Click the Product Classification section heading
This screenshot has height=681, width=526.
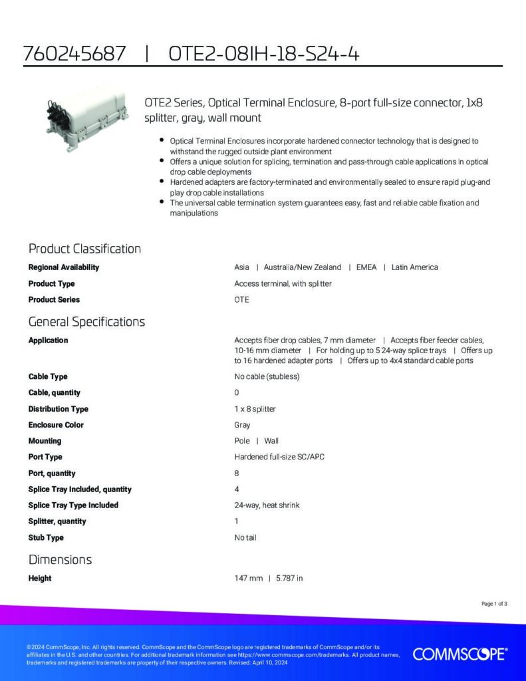[x=84, y=249]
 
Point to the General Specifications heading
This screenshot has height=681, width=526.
[x=86, y=322]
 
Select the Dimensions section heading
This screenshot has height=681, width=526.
[x=60, y=559]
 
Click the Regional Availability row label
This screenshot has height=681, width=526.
[x=64, y=267]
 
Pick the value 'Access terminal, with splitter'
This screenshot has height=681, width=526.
[x=283, y=284]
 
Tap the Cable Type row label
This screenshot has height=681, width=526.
[x=48, y=376]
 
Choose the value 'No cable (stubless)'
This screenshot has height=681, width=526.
[x=267, y=376]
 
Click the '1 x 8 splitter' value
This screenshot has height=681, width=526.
[x=255, y=409]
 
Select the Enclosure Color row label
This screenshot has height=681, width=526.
[x=56, y=425]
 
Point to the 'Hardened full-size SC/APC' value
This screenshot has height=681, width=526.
[x=279, y=457]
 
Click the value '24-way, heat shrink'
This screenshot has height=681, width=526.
[x=267, y=505]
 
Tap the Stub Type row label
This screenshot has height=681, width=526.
[x=46, y=537]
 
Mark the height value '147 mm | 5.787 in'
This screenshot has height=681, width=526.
[x=269, y=579]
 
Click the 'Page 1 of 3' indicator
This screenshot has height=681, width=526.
[x=494, y=604]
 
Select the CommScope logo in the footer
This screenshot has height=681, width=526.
[x=460, y=654]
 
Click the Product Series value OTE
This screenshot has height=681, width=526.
[x=241, y=300]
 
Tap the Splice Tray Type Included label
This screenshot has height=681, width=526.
[x=73, y=505]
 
